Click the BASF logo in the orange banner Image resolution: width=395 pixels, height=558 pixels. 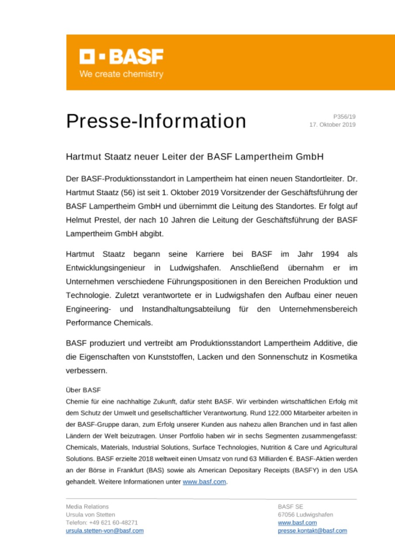pyautogui.click(x=121, y=57)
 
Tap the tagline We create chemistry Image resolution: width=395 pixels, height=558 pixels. pyautogui.click(x=121, y=74)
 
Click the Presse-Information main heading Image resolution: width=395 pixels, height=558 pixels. pyautogui.click(x=156, y=121)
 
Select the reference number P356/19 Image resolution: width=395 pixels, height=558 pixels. pyautogui.click(x=344, y=116)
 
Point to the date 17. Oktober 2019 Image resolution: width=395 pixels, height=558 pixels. pyautogui.click(x=333, y=125)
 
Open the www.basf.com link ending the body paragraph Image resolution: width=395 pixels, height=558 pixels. pyautogui.click(x=205, y=483)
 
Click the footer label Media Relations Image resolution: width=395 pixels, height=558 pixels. pyautogui.click(x=87, y=507)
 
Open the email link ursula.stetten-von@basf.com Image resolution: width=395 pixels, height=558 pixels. pyautogui.click(x=105, y=531)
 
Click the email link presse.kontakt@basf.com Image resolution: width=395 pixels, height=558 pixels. pyautogui.click(x=313, y=531)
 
